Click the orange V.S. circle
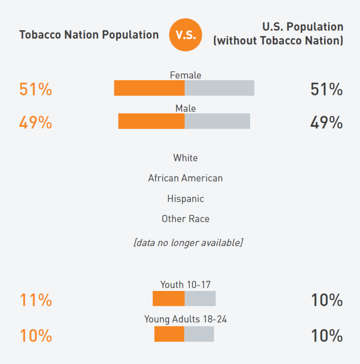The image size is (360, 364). click(x=186, y=35)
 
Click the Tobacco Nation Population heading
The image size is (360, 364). click(x=89, y=35)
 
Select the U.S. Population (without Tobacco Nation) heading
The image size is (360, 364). click(x=278, y=34)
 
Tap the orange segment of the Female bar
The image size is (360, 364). click(x=149, y=88)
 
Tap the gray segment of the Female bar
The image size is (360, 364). click(x=219, y=88)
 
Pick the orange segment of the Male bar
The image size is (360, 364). click(x=152, y=121)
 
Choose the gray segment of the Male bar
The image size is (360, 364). click(x=217, y=121)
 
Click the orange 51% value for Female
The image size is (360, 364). click(x=35, y=89)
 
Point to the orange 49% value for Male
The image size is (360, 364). click(x=35, y=123)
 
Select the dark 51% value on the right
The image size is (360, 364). click(x=326, y=89)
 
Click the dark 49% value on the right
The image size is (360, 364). click(x=326, y=123)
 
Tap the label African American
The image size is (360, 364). click(x=185, y=178)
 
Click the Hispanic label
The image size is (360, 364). click(x=186, y=199)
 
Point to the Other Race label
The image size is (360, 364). click(x=186, y=219)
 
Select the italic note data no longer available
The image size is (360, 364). click(x=188, y=243)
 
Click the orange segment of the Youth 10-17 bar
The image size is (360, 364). click(x=169, y=299)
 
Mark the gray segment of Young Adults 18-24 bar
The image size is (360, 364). click(x=199, y=334)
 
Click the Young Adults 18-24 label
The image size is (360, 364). click(x=186, y=320)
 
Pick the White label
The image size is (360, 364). click(x=186, y=158)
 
